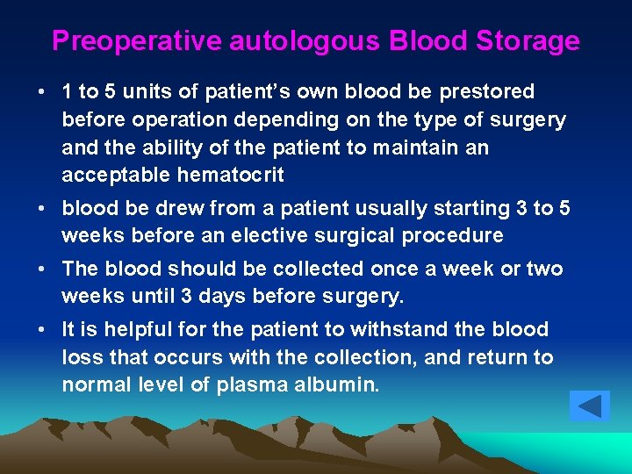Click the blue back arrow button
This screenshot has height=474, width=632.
click(x=589, y=406)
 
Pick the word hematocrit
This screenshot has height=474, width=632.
click(x=231, y=175)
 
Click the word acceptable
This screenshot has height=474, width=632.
click(x=117, y=175)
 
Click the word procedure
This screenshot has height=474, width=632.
click(x=453, y=235)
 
